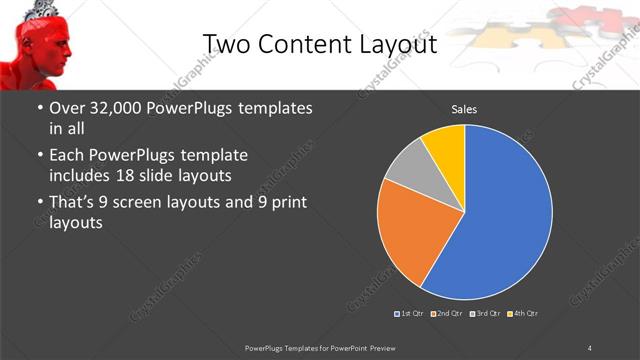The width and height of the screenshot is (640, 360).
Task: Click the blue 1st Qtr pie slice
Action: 505,210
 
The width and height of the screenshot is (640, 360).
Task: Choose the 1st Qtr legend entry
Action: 411,314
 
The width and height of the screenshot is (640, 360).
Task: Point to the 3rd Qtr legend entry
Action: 486,314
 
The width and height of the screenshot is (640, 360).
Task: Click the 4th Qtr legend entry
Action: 524,314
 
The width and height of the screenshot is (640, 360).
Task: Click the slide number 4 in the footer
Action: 590,347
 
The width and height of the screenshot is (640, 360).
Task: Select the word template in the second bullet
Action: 213,156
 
